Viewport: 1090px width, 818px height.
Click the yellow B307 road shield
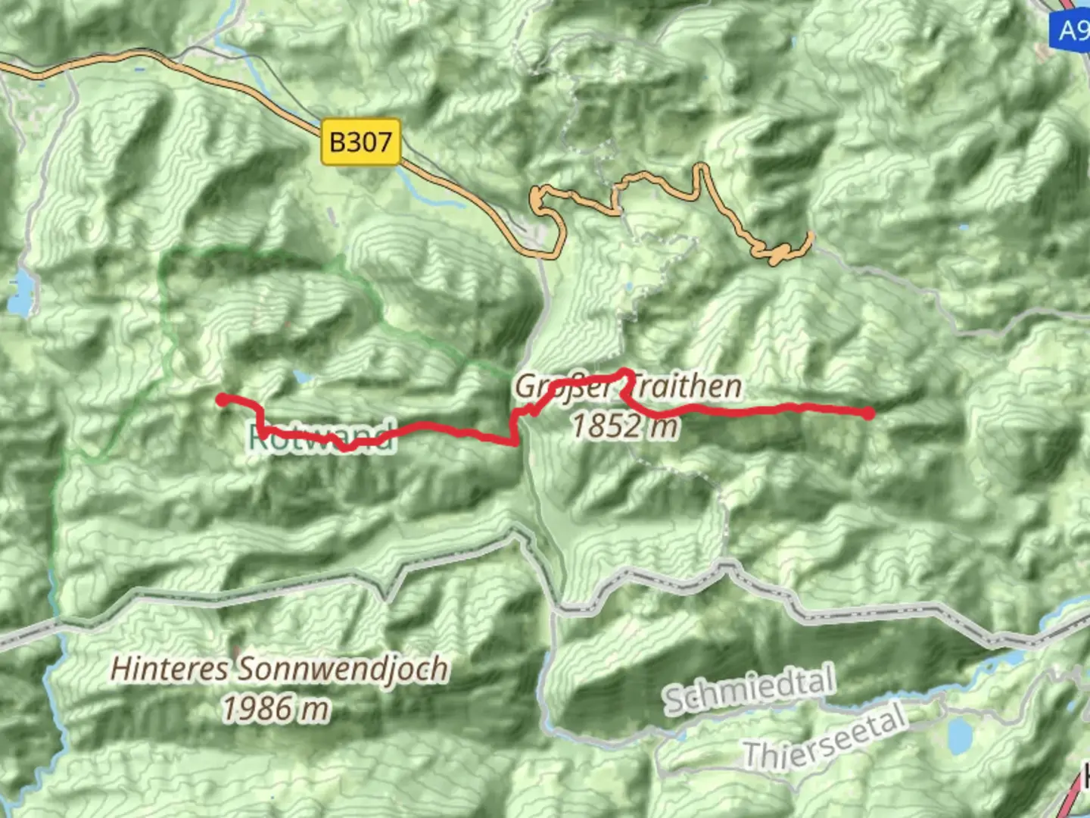(x=360, y=142)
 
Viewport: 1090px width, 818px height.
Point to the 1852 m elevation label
(x=624, y=426)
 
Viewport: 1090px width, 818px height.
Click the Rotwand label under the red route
(x=322, y=437)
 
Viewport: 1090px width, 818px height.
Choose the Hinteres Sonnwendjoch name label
(x=279, y=670)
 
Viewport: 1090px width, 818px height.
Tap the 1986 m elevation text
(x=276, y=709)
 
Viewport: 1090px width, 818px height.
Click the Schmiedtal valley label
(x=749, y=688)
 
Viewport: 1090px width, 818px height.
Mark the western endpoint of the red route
(x=222, y=399)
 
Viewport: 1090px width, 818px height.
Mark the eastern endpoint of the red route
(x=868, y=414)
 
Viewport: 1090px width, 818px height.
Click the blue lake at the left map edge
(x=21, y=293)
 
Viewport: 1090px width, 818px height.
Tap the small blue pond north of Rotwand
(x=302, y=376)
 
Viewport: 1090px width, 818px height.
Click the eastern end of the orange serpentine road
(x=811, y=236)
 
